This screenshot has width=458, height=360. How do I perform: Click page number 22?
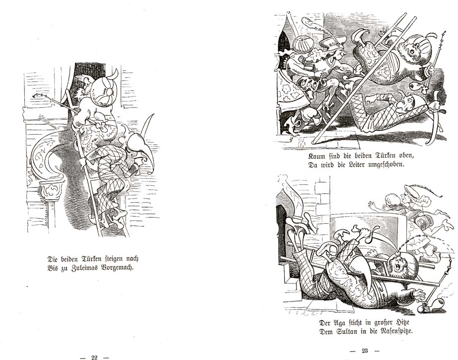click(x=94, y=357)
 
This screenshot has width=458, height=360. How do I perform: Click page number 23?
click(x=365, y=351)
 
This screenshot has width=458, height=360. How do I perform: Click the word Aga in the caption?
click(x=339, y=323)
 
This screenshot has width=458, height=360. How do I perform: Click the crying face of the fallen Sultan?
click(x=399, y=266)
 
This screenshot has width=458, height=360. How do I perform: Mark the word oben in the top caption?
click(x=407, y=156)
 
